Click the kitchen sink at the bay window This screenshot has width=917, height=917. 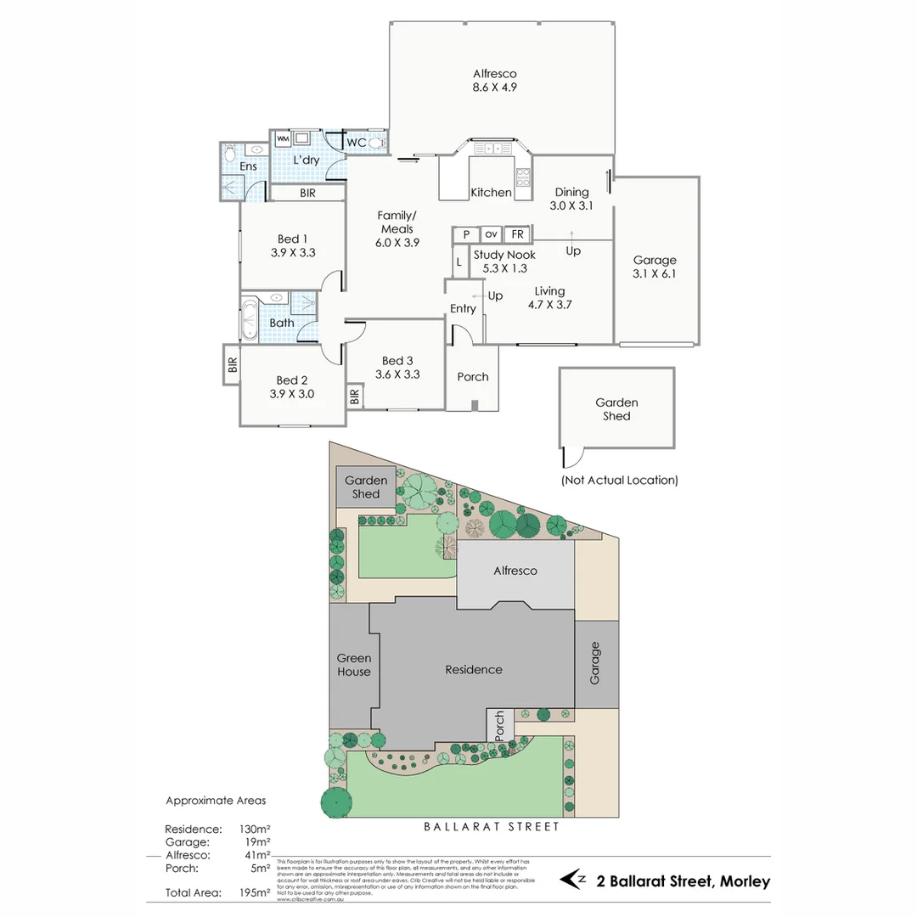click(x=493, y=149)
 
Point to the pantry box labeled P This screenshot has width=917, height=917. click(x=466, y=234)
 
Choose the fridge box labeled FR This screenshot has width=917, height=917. click(x=517, y=234)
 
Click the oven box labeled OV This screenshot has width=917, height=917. click(x=492, y=234)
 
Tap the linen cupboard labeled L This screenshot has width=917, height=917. click(x=458, y=262)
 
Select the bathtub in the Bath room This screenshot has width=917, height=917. click(x=251, y=318)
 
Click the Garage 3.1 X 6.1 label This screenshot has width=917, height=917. click(x=655, y=267)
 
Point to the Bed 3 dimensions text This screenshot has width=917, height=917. click(x=401, y=374)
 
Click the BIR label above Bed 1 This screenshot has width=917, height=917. click(x=307, y=194)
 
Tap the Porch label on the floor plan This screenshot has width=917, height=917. click(x=473, y=377)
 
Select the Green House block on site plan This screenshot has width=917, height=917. click(x=353, y=665)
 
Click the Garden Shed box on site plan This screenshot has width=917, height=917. click(x=366, y=487)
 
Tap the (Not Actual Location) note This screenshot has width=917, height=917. click(x=619, y=480)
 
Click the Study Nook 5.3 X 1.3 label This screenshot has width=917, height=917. click(x=504, y=262)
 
